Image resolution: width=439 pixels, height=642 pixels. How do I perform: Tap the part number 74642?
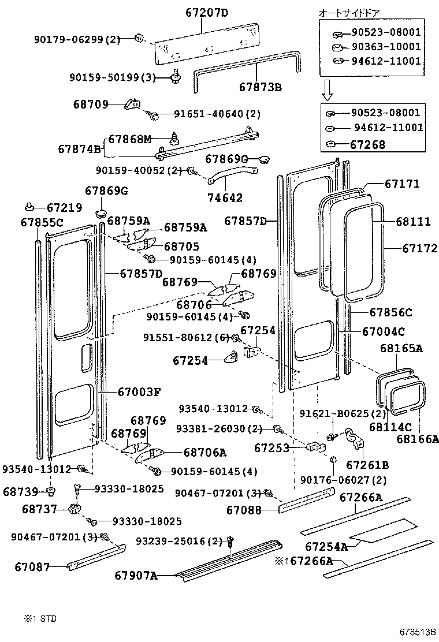(x=225, y=197)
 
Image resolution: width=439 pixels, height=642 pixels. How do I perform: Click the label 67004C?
(x=383, y=331)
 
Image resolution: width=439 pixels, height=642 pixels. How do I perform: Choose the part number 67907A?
(x=136, y=575)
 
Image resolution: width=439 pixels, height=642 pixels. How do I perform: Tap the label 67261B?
(x=367, y=464)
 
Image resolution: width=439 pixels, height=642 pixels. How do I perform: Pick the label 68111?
(x=413, y=221)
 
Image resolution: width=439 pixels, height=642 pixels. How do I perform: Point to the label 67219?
(x=64, y=207)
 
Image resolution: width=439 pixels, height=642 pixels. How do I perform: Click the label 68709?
(x=91, y=104)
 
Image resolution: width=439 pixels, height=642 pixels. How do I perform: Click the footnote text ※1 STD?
(x=40, y=618)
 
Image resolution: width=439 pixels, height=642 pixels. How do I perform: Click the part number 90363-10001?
(x=386, y=47)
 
